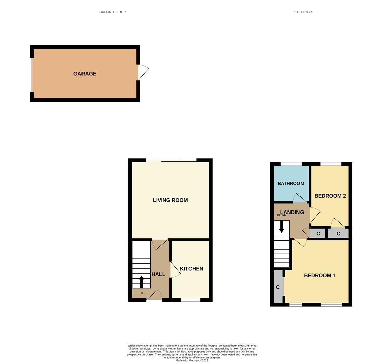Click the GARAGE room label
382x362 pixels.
pos(85,74)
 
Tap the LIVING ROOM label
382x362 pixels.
pos(170,200)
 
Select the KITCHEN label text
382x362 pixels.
pos(192,269)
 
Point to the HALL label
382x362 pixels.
pos(158,274)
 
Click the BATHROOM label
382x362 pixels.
pos(291,183)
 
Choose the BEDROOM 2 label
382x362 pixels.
pos(330,196)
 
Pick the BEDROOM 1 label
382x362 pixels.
pos(320,275)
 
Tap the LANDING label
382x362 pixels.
pos(292,212)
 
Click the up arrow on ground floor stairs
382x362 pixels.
pos(141,282)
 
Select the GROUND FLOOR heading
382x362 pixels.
pos(112,12)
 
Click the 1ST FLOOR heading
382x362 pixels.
pos(303,12)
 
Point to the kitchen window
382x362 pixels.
pos(190,300)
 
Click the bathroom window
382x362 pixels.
pos(291,164)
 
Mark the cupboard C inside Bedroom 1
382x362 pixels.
pos(278,287)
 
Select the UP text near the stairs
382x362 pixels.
pos(141,293)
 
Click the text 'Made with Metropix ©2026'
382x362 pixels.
pos(192,360)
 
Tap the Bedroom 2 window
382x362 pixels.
pos(331,164)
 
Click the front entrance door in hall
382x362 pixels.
pos(154,295)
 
